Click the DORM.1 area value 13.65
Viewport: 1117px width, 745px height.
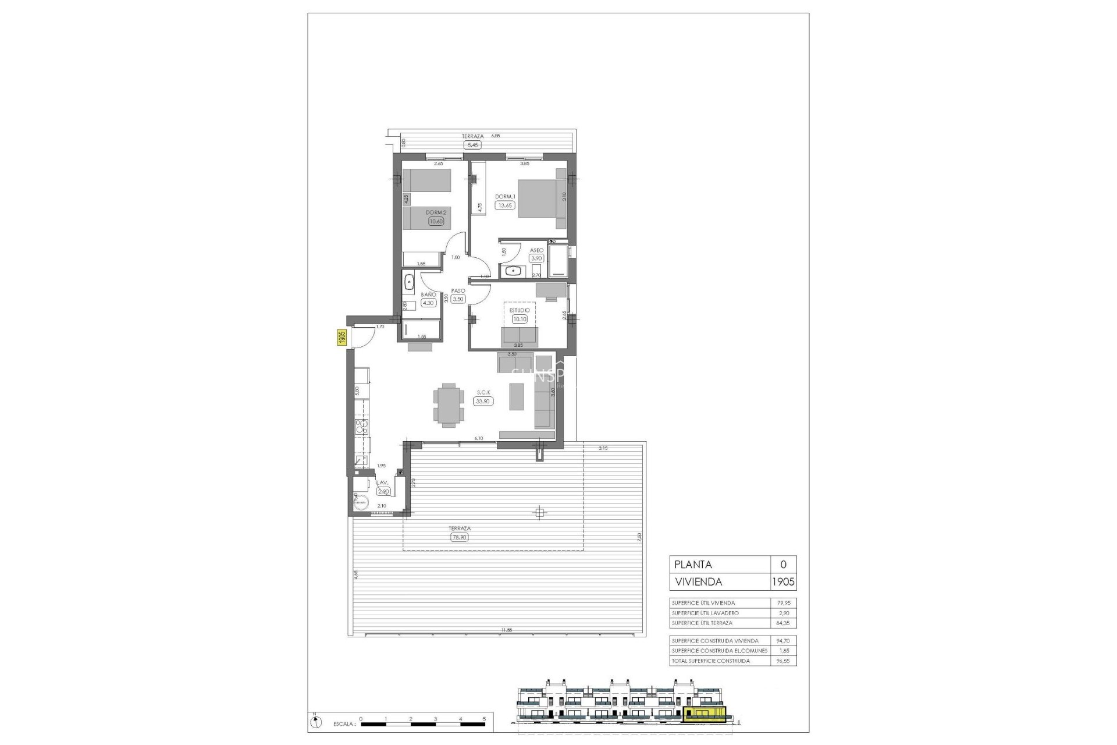504,205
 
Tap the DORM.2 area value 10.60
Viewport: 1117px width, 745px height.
436,221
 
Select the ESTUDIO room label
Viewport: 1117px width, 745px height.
520,311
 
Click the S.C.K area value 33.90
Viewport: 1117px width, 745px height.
483,401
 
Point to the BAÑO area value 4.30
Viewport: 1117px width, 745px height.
428,303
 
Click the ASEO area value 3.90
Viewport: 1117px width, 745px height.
536,258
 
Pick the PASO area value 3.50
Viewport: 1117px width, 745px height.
458,299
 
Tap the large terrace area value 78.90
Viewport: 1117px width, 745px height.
460,538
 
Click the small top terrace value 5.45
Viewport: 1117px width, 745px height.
472,146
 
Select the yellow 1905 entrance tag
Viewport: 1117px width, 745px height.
342,338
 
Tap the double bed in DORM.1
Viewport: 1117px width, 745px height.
541,198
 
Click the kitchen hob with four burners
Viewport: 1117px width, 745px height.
362,427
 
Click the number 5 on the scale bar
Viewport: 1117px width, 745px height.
485,719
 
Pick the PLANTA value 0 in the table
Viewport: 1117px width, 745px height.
783,565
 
